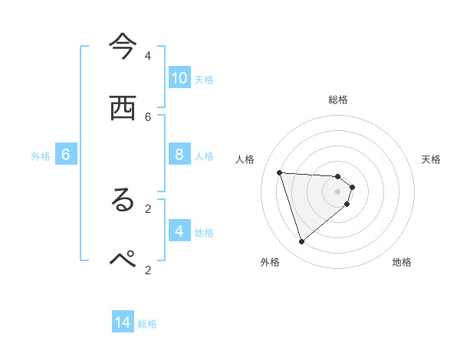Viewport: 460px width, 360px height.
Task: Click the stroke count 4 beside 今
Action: tap(148, 55)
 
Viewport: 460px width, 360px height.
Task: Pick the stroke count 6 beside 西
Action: tap(148, 116)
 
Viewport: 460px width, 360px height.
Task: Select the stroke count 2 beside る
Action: tap(148, 208)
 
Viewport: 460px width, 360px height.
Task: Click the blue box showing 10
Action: tap(179, 77)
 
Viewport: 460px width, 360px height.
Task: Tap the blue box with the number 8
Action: tap(179, 155)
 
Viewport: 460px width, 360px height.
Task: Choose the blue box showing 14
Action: tap(123, 322)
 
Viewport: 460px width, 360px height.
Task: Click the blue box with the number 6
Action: tap(66, 155)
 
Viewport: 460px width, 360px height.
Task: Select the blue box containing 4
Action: tap(179, 231)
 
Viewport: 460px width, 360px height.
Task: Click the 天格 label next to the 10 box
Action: tap(203, 79)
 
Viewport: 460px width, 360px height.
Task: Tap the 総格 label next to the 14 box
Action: tap(147, 324)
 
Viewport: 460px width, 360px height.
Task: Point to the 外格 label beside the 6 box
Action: tap(41, 156)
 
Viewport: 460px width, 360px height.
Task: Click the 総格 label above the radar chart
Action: tap(337, 100)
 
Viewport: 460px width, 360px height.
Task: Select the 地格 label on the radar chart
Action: tap(402, 263)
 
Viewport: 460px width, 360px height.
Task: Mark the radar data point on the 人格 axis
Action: tap(279, 172)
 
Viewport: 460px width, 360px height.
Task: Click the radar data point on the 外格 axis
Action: tap(301, 242)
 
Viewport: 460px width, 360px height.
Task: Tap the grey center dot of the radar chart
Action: tap(337, 202)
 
